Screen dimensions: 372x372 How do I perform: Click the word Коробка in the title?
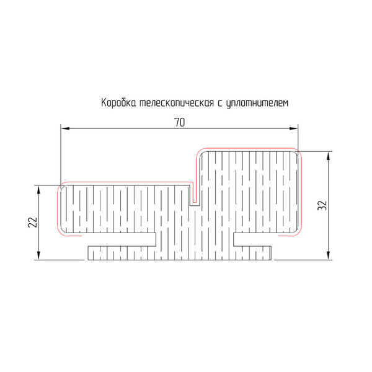(118, 103)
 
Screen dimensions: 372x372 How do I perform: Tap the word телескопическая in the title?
(177, 103)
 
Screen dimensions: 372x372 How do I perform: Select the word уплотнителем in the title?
(257, 104)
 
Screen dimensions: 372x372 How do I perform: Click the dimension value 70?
(180, 122)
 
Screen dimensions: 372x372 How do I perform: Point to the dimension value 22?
(33, 223)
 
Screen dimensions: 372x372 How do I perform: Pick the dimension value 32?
(322, 205)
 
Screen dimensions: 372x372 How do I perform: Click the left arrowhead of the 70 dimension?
(65, 128)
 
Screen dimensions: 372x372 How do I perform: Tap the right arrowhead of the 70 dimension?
(293, 128)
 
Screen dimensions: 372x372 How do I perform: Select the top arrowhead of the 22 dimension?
(38, 190)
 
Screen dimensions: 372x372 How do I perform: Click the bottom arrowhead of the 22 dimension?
(38, 255)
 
